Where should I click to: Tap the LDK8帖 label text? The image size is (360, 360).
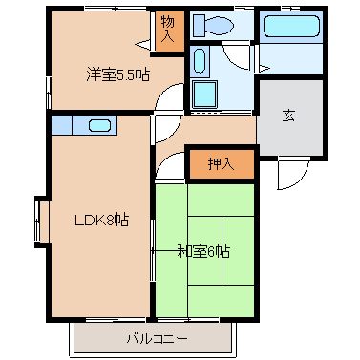point(101,220)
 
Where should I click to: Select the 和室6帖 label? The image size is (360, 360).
point(203,251)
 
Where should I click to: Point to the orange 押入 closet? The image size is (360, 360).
point(221,163)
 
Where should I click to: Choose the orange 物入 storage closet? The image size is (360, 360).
point(168,30)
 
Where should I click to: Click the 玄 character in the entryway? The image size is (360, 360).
point(288,116)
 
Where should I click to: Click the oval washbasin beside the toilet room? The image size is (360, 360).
point(200,62)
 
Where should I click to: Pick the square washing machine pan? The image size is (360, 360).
point(204,95)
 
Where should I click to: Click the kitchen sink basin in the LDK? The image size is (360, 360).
point(100,124)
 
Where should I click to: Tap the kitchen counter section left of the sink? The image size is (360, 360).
point(60,124)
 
